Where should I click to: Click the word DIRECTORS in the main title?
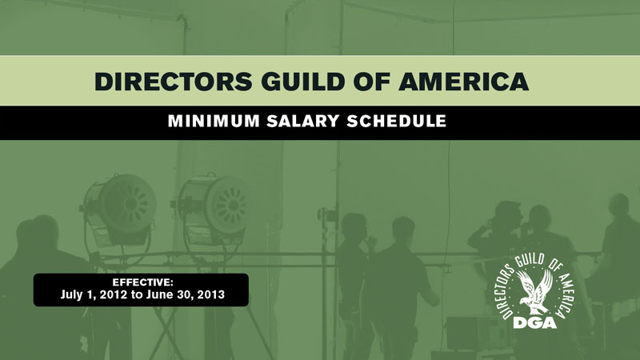[174, 82]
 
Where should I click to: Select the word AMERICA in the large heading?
[464, 82]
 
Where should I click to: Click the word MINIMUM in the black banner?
[214, 122]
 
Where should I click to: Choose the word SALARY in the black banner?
[303, 122]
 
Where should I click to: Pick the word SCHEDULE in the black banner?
[396, 122]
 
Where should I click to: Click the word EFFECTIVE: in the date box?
[143, 282]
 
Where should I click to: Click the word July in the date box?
[70, 295]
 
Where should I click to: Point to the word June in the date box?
[158, 294]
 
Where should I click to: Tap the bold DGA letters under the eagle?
[535, 323]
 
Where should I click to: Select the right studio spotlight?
[213, 209]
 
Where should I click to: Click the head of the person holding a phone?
[508, 215]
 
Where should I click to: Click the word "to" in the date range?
[137, 295]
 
